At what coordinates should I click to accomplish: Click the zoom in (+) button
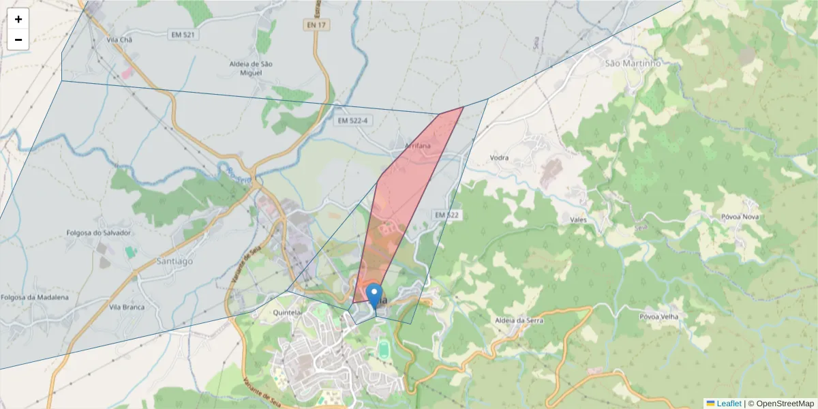coord(18,19)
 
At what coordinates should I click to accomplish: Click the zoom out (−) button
coord(18,40)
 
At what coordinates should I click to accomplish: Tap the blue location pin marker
coord(374,297)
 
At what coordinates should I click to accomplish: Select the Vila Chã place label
coord(119,40)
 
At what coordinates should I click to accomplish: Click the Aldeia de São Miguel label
coord(251,68)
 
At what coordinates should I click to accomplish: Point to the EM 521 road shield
coord(184,33)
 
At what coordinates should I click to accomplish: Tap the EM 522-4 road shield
coord(352,121)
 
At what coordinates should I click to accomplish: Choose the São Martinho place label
coord(633,63)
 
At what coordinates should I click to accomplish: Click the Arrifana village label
coord(417,146)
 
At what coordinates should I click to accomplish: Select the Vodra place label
coord(499,157)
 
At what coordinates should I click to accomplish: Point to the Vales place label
coord(578,219)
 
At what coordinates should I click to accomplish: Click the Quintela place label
coord(287,313)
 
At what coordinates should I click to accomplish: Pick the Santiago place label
coord(175,260)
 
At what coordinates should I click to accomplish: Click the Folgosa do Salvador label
coord(98,232)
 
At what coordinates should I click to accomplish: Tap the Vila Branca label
coord(127,307)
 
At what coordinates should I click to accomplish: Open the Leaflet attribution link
coord(727,404)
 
